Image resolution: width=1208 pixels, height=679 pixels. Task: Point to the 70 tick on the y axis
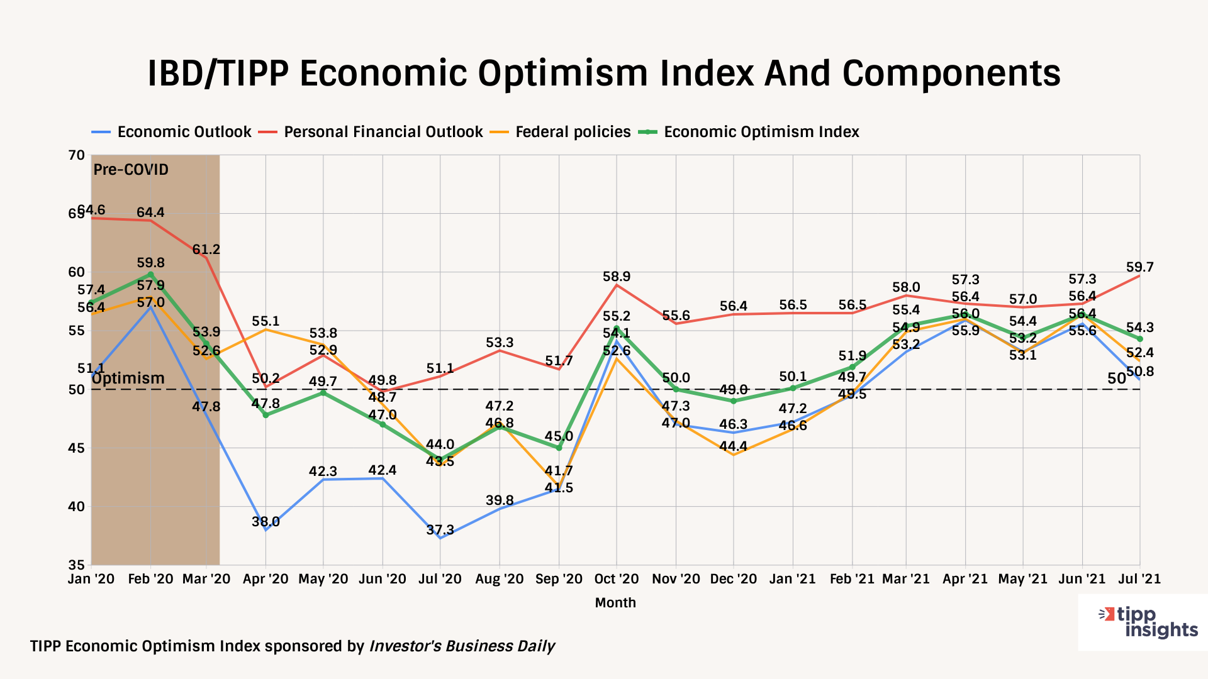click(x=77, y=155)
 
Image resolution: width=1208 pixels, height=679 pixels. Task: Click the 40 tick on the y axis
click(x=77, y=507)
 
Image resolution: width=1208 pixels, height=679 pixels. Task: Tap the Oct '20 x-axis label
click(x=616, y=579)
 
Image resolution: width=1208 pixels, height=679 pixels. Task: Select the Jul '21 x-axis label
click(x=1139, y=579)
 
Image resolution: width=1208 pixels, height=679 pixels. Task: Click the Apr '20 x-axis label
click(x=266, y=579)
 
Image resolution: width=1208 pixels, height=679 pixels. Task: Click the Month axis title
click(x=615, y=603)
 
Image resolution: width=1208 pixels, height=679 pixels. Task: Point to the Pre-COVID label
click(x=131, y=170)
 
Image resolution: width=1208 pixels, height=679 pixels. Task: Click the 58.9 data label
click(x=617, y=277)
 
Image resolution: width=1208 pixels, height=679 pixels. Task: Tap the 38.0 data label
click(x=266, y=522)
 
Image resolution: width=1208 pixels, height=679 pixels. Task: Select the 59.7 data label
click(x=1140, y=267)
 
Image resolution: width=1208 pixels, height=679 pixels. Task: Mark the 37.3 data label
click(x=440, y=530)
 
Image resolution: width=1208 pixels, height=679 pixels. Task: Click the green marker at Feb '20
click(x=150, y=274)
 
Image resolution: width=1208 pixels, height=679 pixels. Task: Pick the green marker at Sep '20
click(x=559, y=448)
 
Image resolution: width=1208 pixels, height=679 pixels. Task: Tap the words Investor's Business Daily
click(x=462, y=646)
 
